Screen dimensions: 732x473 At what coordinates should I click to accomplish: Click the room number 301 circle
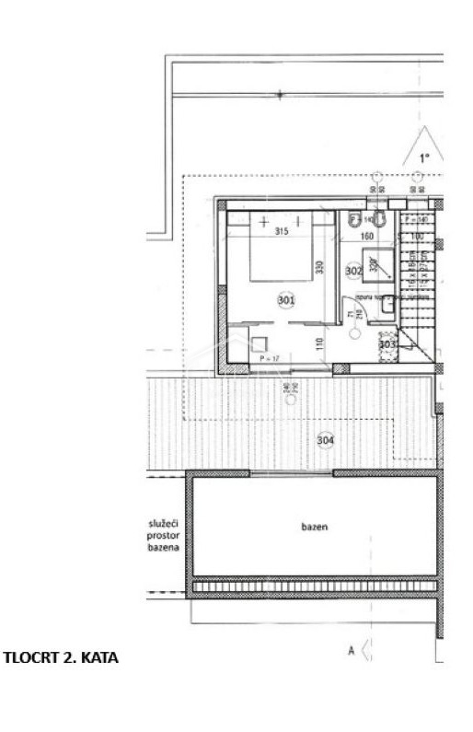(x=285, y=299)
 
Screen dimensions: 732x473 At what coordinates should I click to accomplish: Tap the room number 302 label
(x=352, y=271)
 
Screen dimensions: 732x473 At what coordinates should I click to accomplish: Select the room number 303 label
(x=387, y=344)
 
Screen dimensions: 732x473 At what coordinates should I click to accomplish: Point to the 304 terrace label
(x=325, y=440)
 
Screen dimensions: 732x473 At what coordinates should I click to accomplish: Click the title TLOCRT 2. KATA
(x=62, y=658)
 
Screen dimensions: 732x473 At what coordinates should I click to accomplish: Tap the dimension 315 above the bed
(x=283, y=233)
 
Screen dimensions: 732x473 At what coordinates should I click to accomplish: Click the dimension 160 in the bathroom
(x=365, y=236)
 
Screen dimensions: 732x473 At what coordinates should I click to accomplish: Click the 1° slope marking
(x=424, y=158)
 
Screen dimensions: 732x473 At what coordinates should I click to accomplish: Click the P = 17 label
(x=270, y=357)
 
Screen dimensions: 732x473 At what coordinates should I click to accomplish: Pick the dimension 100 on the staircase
(x=418, y=237)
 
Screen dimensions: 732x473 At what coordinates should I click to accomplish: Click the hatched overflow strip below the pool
(x=314, y=586)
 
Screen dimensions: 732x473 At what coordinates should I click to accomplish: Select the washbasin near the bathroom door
(x=389, y=305)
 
